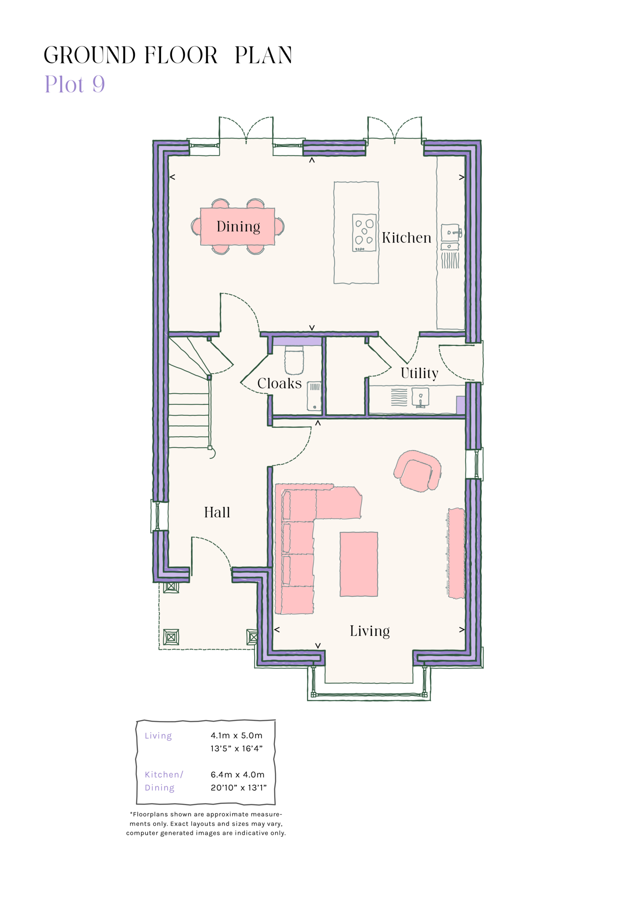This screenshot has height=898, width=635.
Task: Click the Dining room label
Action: (238, 227)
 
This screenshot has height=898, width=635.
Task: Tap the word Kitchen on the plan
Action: (406, 238)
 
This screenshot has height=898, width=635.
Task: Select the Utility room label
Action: (419, 373)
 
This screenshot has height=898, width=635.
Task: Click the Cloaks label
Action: (279, 383)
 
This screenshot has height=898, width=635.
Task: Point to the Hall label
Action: (217, 513)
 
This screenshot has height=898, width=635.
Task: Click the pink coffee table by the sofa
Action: (358, 564)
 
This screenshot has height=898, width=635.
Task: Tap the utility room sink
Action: (420, 397)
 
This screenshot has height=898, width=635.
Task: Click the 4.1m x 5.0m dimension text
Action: (236, 735)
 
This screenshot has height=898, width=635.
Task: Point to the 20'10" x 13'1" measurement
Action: (238, 787)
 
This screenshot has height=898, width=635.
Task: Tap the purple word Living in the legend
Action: (158, 736)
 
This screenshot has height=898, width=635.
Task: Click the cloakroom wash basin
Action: (314, 396)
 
